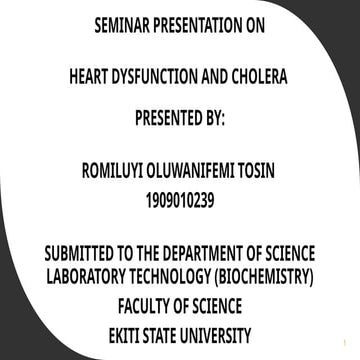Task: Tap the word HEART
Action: click(x=93, y=74)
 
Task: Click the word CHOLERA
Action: click(x=264, y=74)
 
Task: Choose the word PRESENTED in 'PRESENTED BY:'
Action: click(x=165, y=118)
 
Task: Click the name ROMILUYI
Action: click(x=118, y=173)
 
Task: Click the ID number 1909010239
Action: click(x=181, y=200)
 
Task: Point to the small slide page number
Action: click(x=341, y=338)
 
